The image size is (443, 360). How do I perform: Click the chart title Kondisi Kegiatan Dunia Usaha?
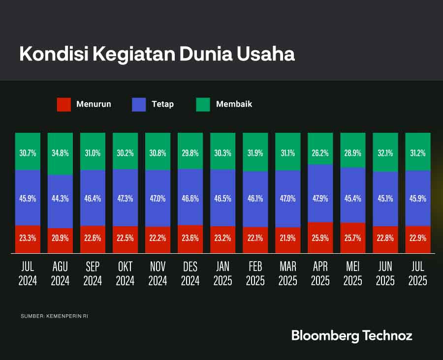point(157,54)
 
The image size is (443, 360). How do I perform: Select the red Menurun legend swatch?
point(64,104)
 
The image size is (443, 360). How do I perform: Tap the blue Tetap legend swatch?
point(139,104)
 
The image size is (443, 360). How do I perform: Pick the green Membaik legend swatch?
point(203,104)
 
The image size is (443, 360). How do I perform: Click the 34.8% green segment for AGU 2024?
point(60,153)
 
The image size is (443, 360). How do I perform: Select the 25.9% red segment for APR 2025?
point(320,238)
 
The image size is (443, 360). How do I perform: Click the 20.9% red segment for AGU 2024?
point(60,240)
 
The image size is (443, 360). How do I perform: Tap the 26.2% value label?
point(320,153)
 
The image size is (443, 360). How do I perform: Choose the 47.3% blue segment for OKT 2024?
point(125,198)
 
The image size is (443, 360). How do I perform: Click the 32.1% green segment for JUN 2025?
point(385,152)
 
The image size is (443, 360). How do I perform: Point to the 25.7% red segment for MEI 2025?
point(352,238)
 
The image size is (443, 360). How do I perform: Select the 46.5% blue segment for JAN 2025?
point(222,198)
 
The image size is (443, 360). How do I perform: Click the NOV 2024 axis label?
point(158,273)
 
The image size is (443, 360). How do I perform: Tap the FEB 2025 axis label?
point(255,273)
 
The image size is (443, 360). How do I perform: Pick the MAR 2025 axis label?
point(287,273)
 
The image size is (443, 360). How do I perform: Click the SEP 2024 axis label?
point(93,273)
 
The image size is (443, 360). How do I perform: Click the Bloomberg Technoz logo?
point(351,336)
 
